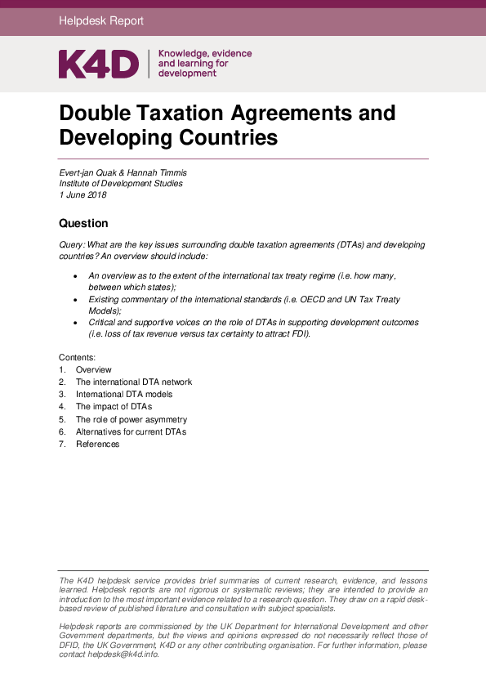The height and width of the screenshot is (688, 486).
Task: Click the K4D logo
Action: (x=99, y=64)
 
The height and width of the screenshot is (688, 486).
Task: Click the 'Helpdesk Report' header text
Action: (x=101, y=20)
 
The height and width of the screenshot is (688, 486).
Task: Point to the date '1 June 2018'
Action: (x=82, y=195)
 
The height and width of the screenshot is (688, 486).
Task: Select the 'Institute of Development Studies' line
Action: (x=121, y=184)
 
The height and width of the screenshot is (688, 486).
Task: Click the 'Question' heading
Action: (x=83, y=223)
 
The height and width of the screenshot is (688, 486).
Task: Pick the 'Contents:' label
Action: (x=78, y=358)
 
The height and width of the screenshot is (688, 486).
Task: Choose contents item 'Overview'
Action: (x=94, y=370)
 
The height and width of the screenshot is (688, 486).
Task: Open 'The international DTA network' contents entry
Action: (x=134, y=382)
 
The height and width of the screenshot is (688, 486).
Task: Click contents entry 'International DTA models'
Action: (x=124, y=395)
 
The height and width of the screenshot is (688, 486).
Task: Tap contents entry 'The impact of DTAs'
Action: (x=114, y=407)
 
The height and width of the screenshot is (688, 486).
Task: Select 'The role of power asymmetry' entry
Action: (x=132, y=419)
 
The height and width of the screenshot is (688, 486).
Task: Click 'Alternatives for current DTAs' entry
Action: (x=131, y=431)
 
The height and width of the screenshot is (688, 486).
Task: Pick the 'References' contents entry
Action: (x=97, y=444)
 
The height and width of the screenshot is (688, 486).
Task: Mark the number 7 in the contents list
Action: (x=61, y=444)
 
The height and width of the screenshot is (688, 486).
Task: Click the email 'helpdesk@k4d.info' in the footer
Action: (x=123, y=654)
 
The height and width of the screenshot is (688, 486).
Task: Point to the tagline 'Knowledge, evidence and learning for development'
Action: (x=204, y=63)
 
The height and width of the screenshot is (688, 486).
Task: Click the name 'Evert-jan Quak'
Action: (x=87, y=172)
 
